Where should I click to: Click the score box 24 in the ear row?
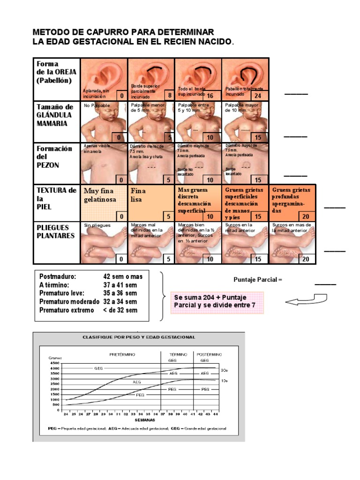[258, 95]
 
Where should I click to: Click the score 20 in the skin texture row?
[306, 216]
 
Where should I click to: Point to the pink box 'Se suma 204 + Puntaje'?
[217, 301]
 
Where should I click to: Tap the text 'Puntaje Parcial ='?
[258, 280]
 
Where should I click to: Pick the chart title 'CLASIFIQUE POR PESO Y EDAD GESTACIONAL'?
[139, 337]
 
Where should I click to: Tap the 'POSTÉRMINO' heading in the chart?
[204, 354]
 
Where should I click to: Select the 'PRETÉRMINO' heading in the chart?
[123, 354]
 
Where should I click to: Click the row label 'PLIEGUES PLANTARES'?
[56, 231]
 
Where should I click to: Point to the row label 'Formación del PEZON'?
[54, 157]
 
